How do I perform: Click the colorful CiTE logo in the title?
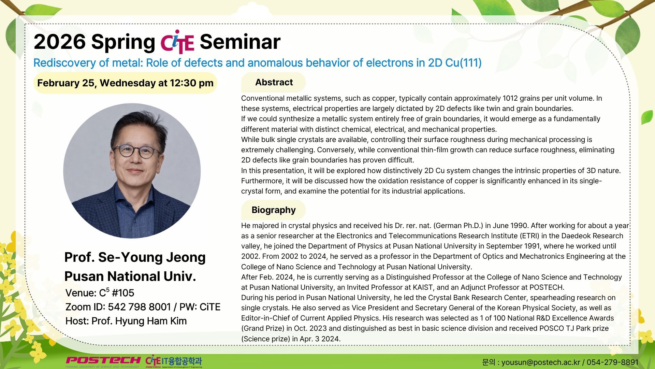click(177, 42)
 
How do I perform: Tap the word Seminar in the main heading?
click(240, 42)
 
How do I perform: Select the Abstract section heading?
click(274, 82)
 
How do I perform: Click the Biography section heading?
click(274, 210)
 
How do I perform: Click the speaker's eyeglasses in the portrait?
click(137, 151)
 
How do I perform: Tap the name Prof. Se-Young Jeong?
click(135, 257)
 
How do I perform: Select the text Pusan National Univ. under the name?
click(130, 276)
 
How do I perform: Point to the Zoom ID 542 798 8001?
click(139, 307)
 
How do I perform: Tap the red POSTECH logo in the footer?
click(103, 360)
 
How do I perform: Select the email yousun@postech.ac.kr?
click(541, 362)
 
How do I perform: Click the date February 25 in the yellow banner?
click(65, 83)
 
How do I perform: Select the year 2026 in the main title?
click(60, 42)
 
